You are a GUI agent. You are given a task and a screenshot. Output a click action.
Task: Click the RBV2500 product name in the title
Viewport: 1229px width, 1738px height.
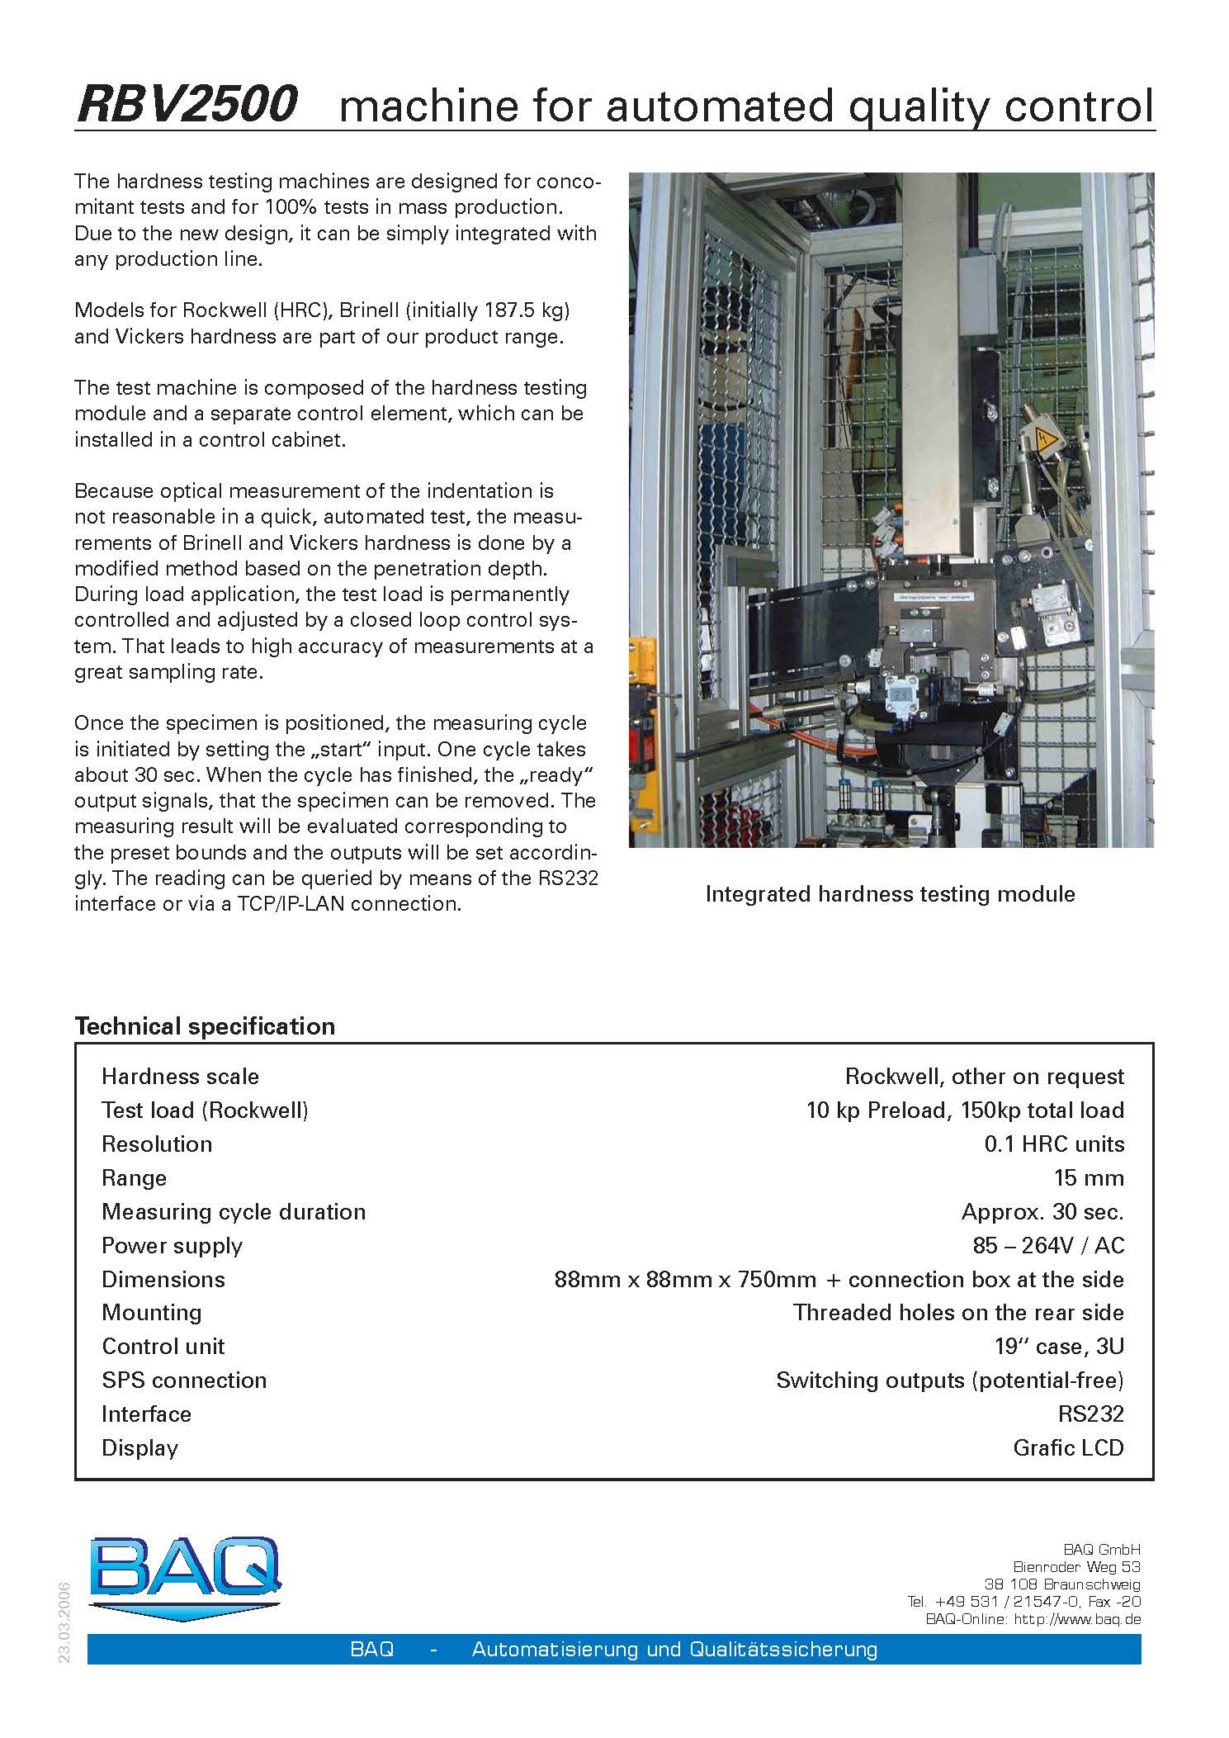pyautogui.click(x=187, y=106)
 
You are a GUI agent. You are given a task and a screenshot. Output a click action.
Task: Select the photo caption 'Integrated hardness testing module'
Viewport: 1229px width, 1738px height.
pyautogui.click(x=890, y=894)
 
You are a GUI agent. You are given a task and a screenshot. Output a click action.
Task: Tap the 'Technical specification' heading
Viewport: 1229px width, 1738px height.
pyautogui.click(x=205, y=1026)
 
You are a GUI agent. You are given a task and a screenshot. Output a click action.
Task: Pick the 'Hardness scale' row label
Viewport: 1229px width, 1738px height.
pyautogui.click(x=180, y=1077)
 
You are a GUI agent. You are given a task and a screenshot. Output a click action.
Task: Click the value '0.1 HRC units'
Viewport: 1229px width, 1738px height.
pyautogui.click(x=1054, y=1144)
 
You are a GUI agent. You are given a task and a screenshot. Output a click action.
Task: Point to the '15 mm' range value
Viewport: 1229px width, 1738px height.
pyautogui.click(x=1089, y=1178)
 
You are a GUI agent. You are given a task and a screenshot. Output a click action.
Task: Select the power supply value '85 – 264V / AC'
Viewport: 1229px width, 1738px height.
pyautogui.click(x=1048, y=1246)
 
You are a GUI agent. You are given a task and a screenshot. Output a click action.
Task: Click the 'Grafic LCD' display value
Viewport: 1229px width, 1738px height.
pyautogui.click(x=1068, y=1448)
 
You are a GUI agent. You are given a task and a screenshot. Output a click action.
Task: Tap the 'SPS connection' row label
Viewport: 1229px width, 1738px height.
pyautogui.click(x=184, y=1380)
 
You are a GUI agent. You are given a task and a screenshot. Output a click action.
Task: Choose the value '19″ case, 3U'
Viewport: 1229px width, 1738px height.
pyautogui.click(x=1059, y=1347)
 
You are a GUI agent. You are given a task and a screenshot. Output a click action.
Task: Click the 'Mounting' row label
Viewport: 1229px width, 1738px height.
pyautogui.click(x=152, y=1313)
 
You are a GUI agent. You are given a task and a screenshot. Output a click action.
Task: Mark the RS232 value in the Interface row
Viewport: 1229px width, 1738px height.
pyautogui.click(x=1090, y=1414)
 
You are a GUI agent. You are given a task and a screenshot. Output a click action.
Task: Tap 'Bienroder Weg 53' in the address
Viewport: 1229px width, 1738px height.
pyautogui.click(x=1076, y=1567)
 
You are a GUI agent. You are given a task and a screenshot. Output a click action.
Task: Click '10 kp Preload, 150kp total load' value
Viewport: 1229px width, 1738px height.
pyautogui.click(x=965, y=1111)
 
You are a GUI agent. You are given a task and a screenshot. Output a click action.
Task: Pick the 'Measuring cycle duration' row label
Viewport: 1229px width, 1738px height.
pyautogui.click(x=234, y=1212)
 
